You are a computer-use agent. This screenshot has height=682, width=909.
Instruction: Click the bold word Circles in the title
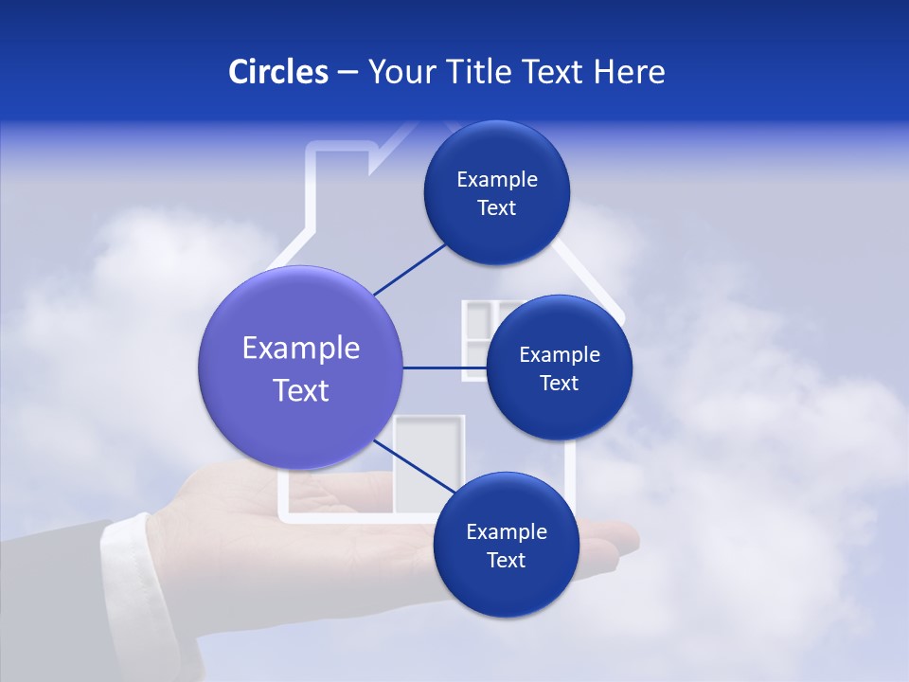click(278, 72)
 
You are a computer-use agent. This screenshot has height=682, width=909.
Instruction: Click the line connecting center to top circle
click(409, 268)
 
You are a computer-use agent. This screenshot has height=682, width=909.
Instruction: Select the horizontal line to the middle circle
click(443, 368)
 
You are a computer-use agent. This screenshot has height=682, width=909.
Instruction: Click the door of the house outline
click(428, 464)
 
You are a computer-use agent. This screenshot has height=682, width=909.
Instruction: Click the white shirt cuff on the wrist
click(128, 559)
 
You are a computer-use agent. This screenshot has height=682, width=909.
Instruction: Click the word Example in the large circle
click(301, 349)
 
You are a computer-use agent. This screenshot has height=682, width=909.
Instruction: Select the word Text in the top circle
click(497, 208)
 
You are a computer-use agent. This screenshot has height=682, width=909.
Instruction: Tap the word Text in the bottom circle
click(506, 560)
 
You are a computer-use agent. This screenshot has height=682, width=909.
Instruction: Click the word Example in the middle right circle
click(560, 355)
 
